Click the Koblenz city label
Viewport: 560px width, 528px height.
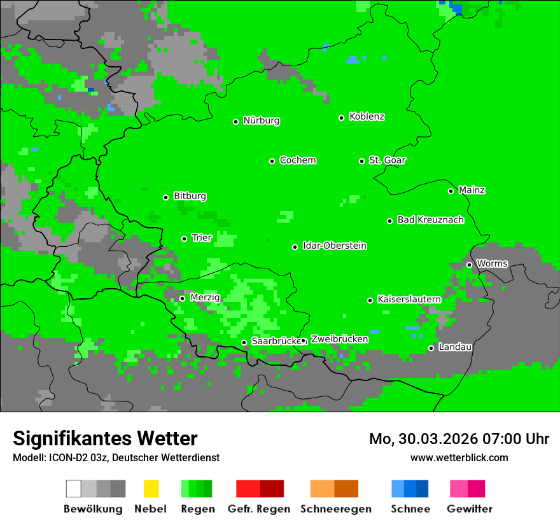[x=367, y=117]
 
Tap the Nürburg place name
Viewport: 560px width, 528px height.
[x=261, y=121]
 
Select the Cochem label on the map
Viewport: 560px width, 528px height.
[x=297, y=160]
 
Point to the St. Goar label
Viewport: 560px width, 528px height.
[x=387, y=160]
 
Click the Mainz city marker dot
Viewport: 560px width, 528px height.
[x=451, y=191]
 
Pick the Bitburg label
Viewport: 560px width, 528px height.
[x=190, y=197]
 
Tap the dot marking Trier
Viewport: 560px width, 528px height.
[x=185, y=239]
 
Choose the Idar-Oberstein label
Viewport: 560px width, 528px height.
[x=334, y=246]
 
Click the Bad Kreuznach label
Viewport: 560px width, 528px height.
[x=430, y=220]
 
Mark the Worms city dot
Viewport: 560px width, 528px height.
[x=469, y=265]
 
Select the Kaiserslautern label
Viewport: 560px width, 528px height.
[x=409, y=300]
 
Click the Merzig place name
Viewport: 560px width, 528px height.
[x=205, y=298]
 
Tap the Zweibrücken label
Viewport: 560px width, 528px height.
[x=339, y=340]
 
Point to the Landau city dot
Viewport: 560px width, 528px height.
[x=431, y=348]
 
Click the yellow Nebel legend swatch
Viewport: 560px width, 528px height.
[x=151, y=489]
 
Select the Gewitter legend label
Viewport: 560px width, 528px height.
[x=470, y=509]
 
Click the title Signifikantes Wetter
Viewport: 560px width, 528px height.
[x=105, y=438]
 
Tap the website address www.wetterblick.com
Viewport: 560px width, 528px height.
[x=459, y=457]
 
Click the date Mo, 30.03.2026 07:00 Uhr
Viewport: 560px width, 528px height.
[x=459, y=439]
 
